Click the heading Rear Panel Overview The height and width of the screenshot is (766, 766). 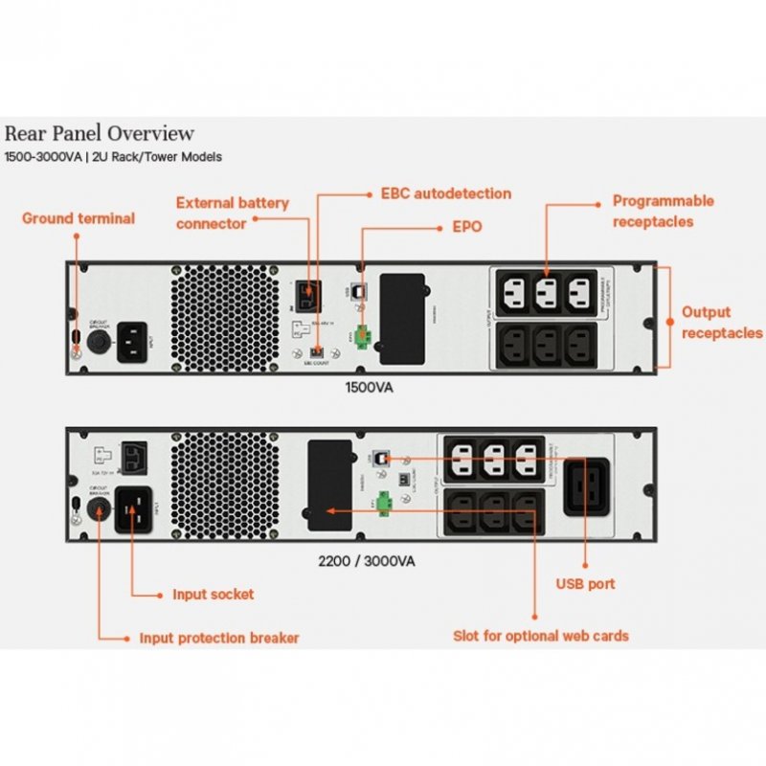pos(100,133)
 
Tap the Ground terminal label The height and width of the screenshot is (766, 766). pos(79,218)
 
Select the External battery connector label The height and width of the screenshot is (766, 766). pos(232,213)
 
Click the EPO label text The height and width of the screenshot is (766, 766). pos(466,228)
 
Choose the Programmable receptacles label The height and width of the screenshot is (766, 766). pos(664,211)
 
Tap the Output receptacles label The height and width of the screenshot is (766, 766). pos(721,323)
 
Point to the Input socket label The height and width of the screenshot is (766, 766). pos(213,594)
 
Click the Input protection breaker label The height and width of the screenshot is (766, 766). pos(219,638)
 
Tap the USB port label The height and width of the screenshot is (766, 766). pos(585,583)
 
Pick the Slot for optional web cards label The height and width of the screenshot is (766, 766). pos(540,635)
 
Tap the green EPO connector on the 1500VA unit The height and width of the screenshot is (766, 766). pos(364,336)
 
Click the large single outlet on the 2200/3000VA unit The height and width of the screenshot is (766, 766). pos(585,486)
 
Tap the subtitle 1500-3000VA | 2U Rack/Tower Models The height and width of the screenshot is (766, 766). pos(113,157)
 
